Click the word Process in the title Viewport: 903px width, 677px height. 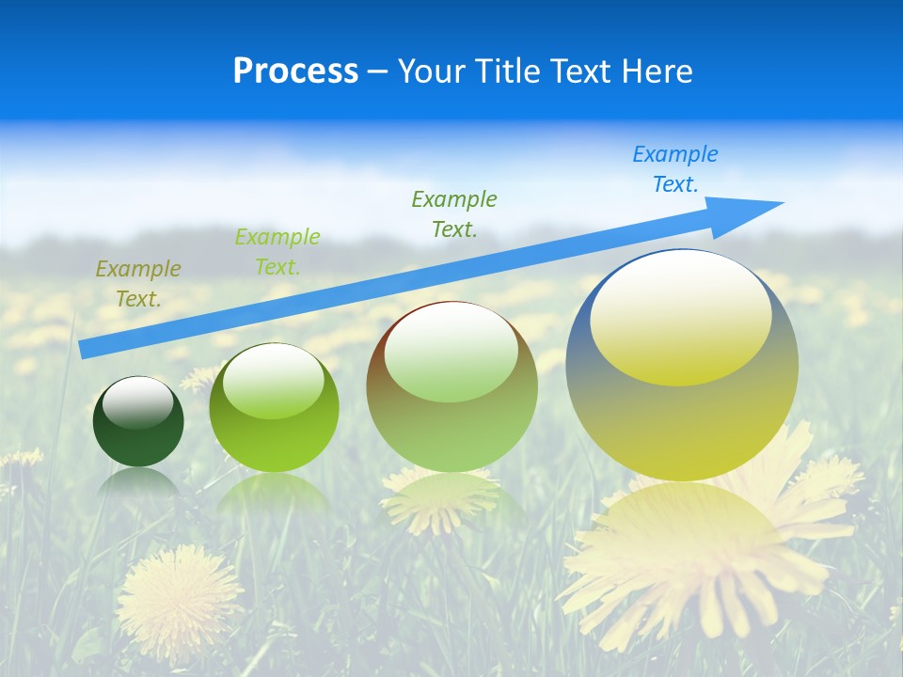tap(295, 71)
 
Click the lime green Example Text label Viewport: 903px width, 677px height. tap(277, 252)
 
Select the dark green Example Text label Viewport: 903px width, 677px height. tap(454, 213)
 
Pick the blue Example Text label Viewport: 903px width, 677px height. tap(675, 168)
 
